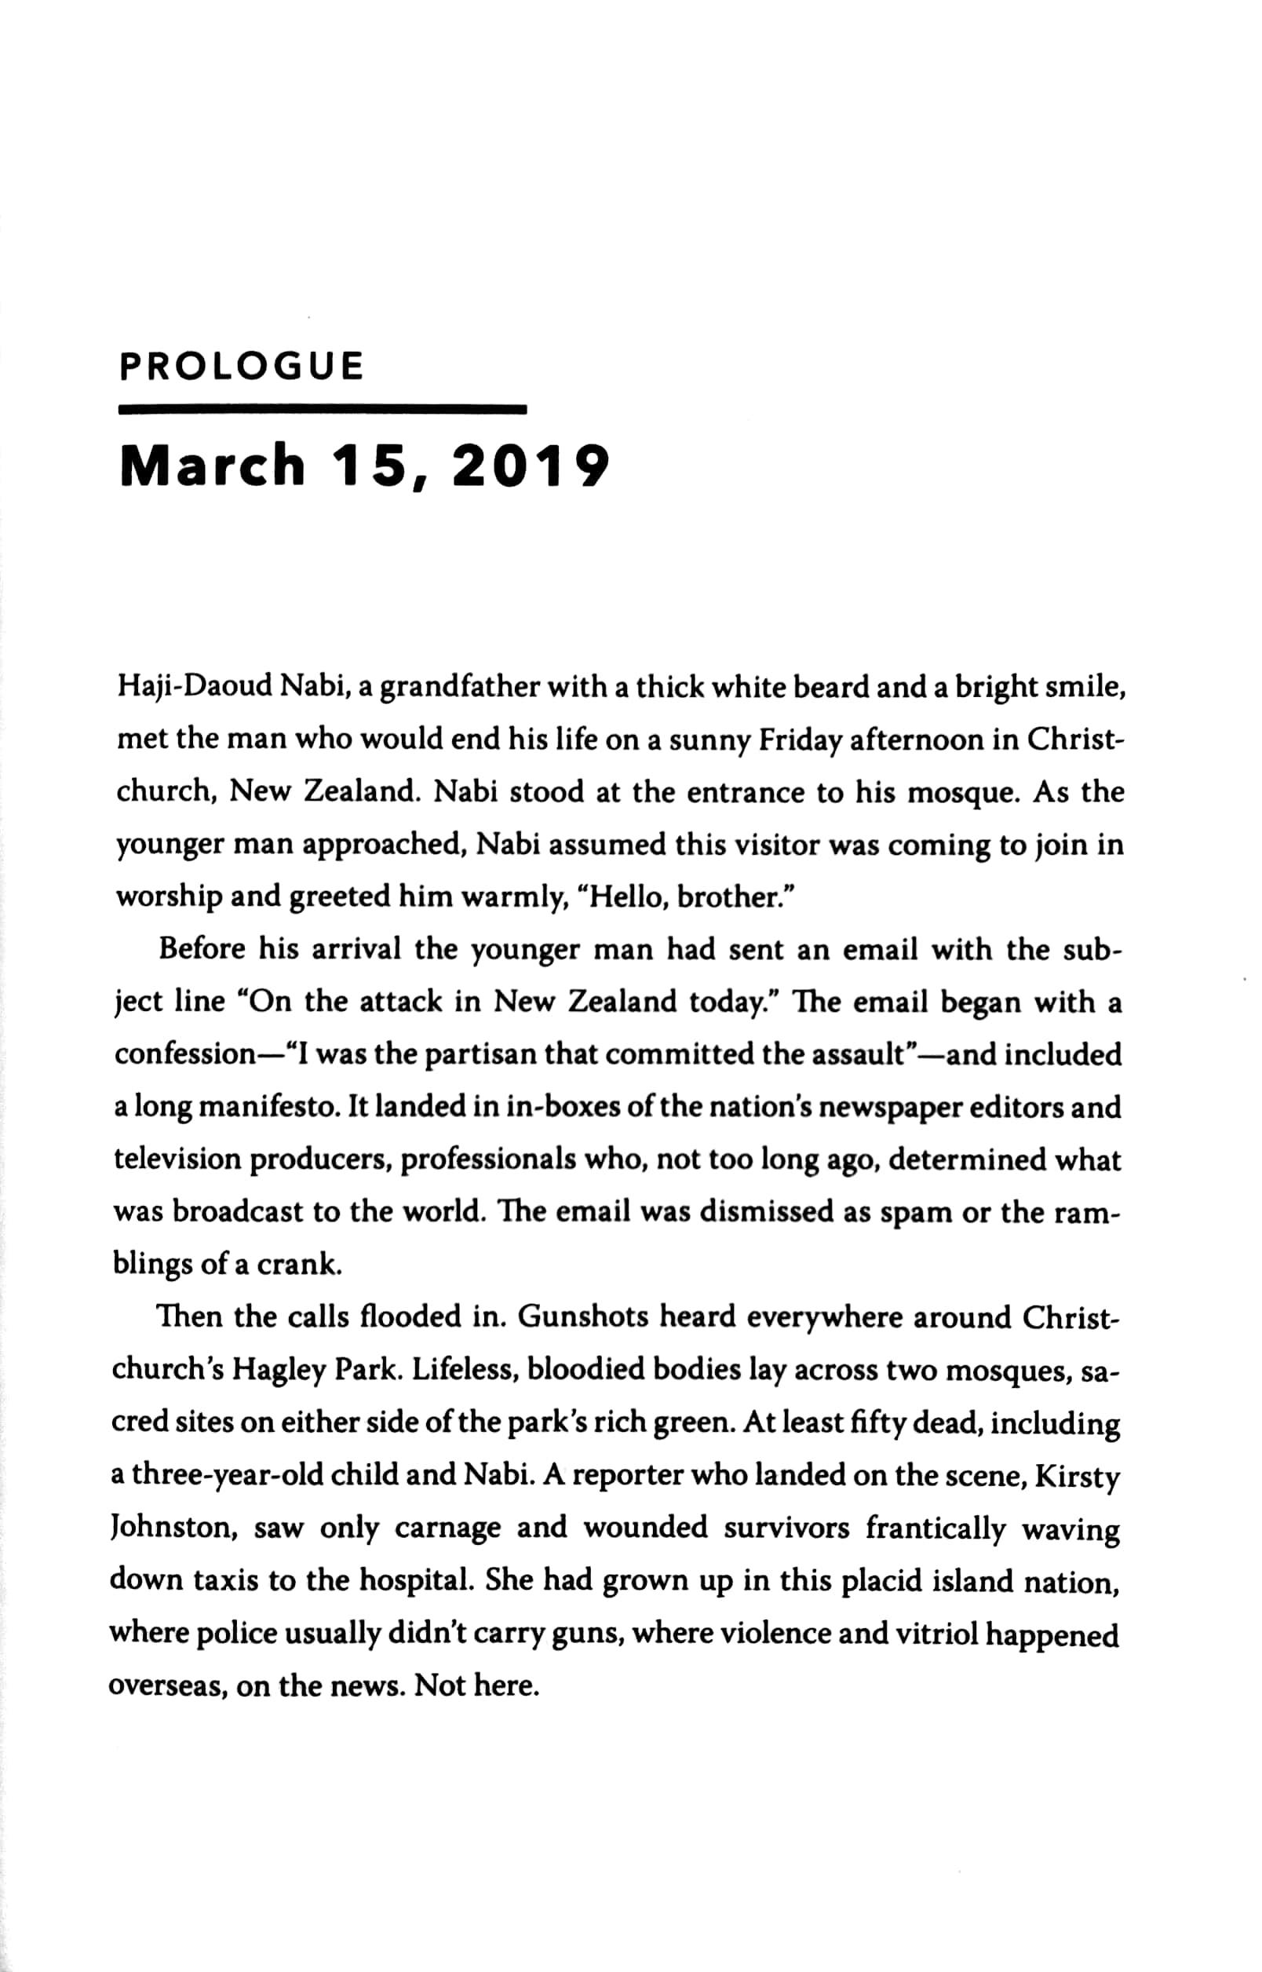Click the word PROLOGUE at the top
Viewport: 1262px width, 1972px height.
(241, 367)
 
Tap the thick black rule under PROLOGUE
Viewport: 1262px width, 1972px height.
(322, 407)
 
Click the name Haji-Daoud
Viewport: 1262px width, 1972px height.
(195, 687)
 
